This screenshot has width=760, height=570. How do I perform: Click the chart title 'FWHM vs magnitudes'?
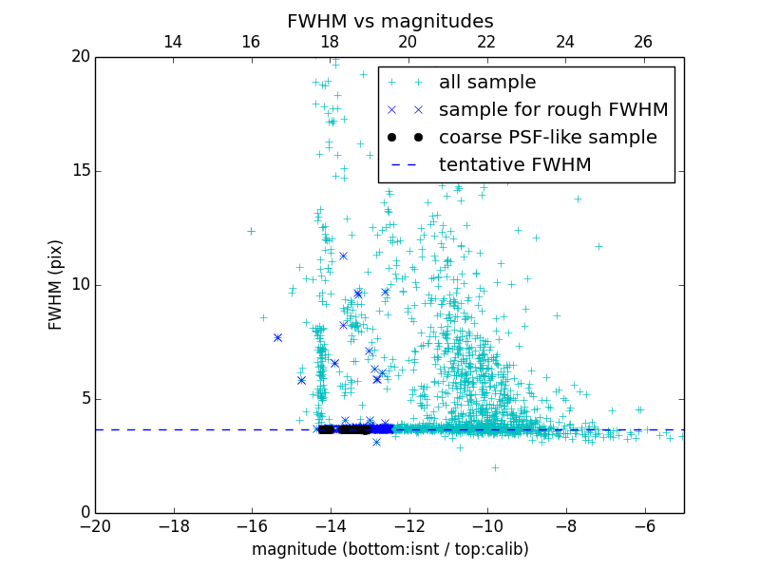click(389, 21)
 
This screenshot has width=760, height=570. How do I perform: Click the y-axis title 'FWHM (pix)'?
click(56, 284)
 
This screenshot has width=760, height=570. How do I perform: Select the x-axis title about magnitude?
click(389, 549)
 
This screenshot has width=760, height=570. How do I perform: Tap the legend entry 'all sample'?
click(487, 83)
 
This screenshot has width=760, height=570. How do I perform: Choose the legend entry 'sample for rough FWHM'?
click(553, 110)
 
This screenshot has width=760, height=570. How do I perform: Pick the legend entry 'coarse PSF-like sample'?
click(547, 138)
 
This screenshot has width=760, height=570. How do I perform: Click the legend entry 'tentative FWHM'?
click(515, 165)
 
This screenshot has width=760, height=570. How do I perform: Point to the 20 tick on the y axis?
click(80, 57)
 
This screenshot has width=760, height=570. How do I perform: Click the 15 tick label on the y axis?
click(80, 171)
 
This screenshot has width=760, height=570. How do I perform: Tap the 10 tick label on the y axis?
click(80, 285)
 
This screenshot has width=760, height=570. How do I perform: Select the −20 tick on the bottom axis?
click(95, 524)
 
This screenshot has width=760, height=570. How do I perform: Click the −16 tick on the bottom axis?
click(252, 524)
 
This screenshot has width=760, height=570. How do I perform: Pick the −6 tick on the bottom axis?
click(644, 524)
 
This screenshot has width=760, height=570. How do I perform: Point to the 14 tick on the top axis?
click(173, 42)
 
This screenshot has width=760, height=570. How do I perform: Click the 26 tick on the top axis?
click(643, 42)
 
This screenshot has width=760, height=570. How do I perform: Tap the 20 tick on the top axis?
click(408, 42)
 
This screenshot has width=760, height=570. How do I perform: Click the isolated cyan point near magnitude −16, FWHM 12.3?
click(251, 231)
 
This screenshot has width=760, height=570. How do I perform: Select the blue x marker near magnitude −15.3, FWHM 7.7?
click(277, 337)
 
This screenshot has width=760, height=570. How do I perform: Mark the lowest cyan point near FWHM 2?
click(495, 467)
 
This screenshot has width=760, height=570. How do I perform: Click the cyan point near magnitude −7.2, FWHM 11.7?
click(598, 246)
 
